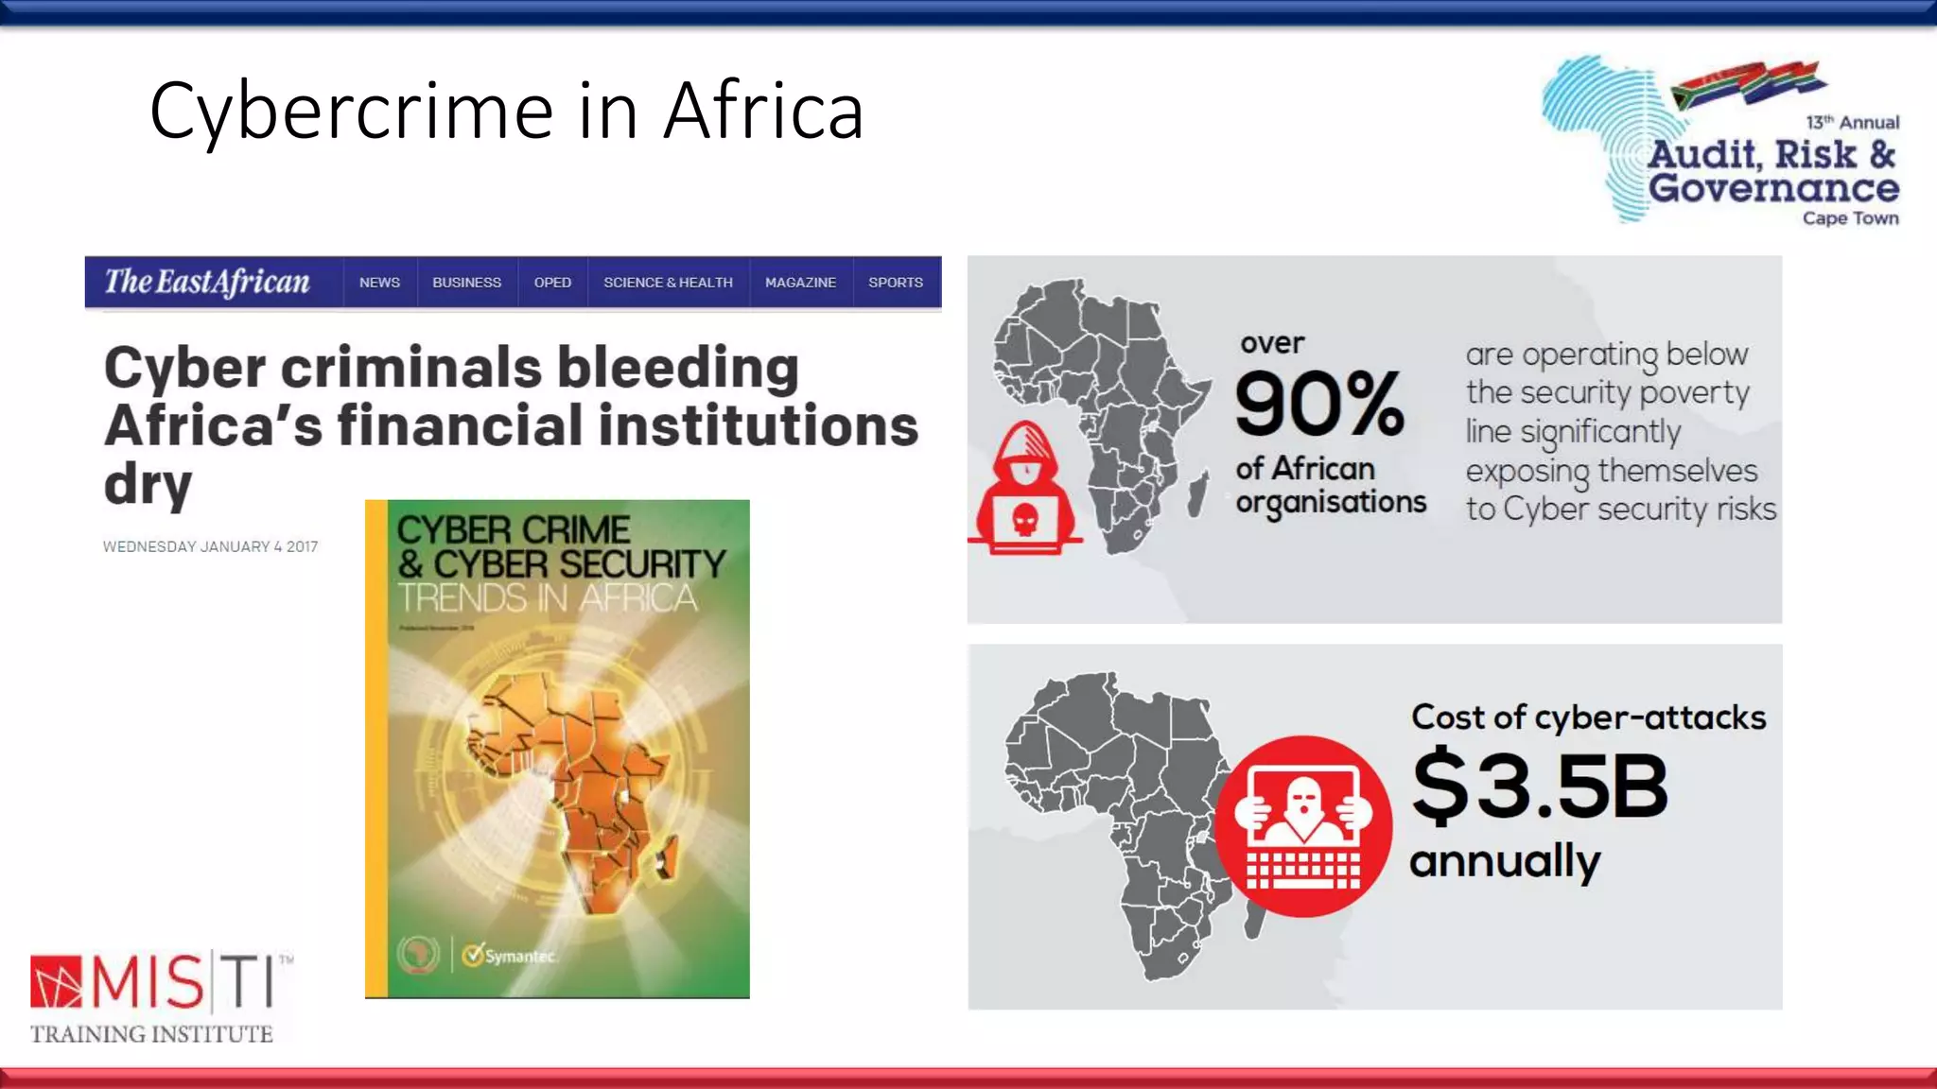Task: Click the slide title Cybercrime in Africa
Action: point(506,111)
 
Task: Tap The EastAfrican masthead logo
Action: point(207,282)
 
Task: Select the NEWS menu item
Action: point(379,283)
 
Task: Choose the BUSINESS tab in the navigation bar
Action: point(466,283)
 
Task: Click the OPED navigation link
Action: point(552,283)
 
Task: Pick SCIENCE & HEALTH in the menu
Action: point(668,283)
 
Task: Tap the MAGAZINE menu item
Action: point(800,283)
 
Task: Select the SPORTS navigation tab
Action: point(895,283)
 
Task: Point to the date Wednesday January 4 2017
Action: point(210,546)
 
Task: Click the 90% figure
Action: point(1318,404)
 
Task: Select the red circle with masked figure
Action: point(1303,826)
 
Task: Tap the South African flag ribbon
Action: point(1748,81)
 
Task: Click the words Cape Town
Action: point(1850,218)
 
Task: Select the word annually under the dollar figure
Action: point(1505,861)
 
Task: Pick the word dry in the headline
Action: point(148,484)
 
